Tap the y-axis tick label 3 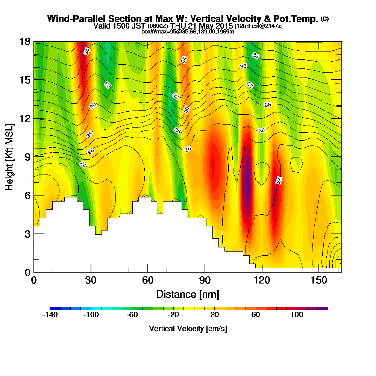coord(27,234)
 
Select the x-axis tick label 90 coord(205,280)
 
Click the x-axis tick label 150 coord(319,280)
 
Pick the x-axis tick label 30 coord(91,280)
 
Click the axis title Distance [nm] coord(188,294)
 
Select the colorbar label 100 coord(297,315)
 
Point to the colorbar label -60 coord(132,315)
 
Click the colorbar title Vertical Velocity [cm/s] coord(188,329)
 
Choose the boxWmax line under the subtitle coord(188,32)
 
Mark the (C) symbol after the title coord(324,19)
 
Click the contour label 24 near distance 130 coord(279,180)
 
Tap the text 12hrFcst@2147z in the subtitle coord(259,26)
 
